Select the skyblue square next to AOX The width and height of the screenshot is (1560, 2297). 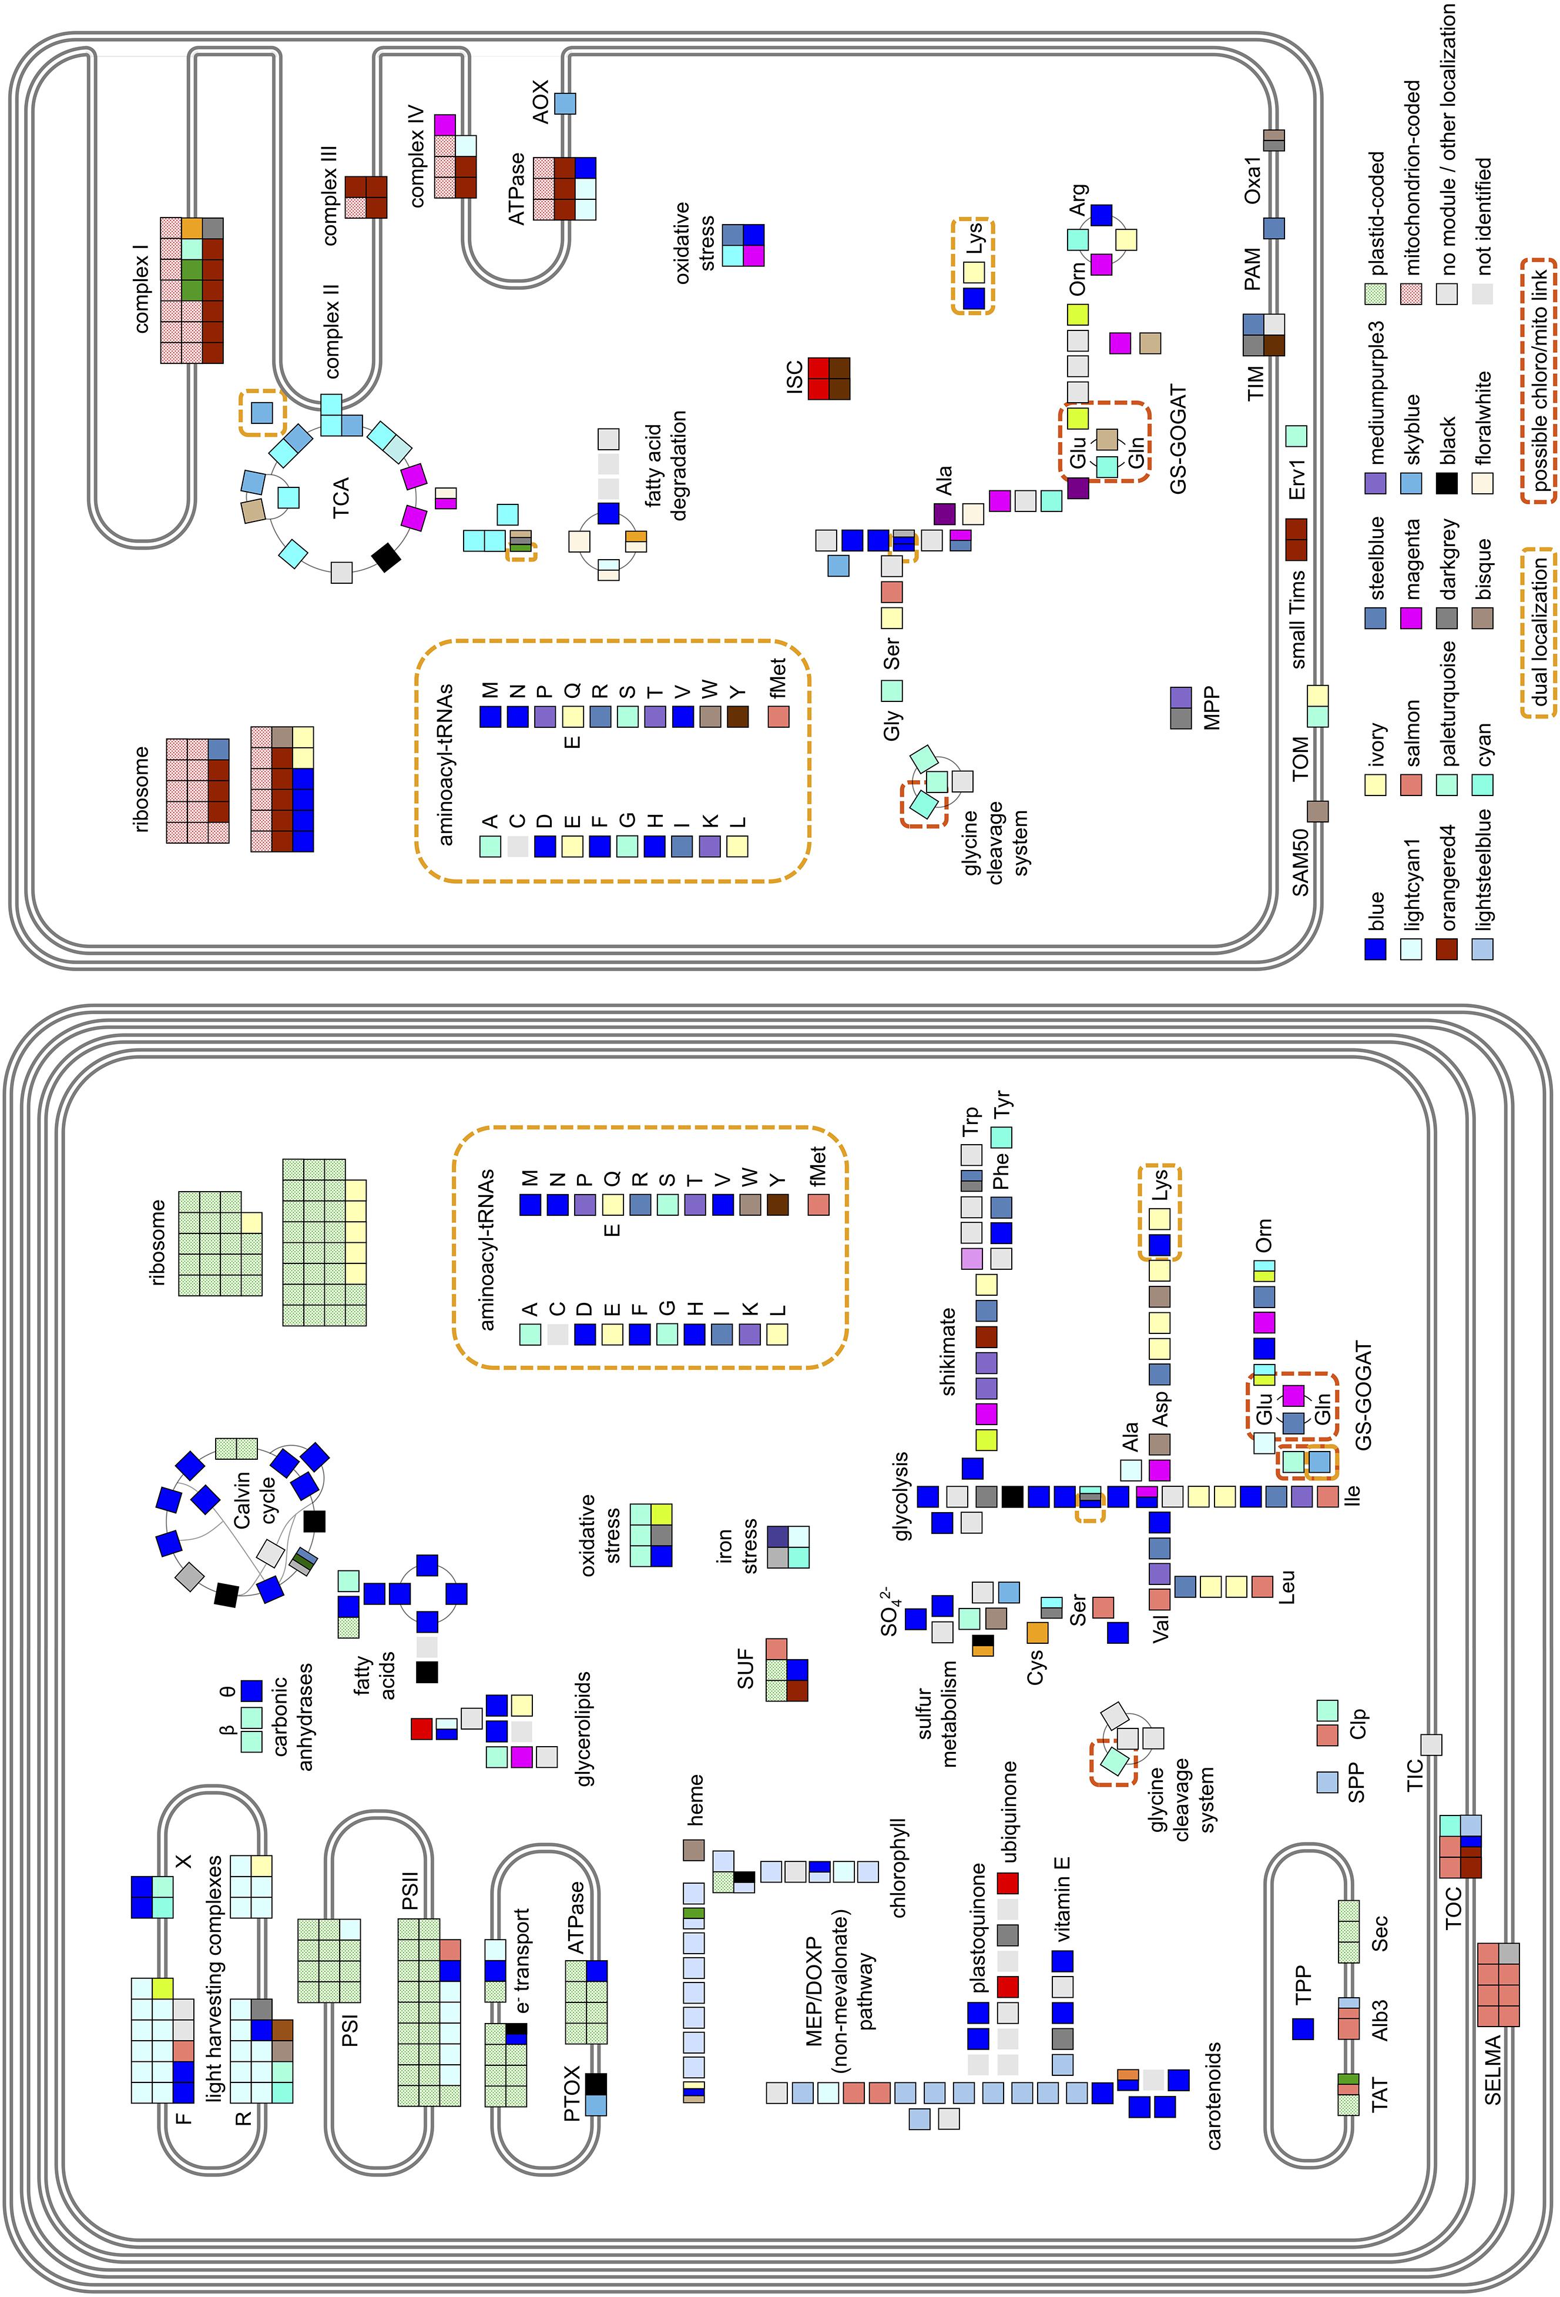[x=565, y=103]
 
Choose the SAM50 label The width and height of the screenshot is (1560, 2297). [x=1300, y=862]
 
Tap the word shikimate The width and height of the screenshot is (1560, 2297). [x=948, y=1351]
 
